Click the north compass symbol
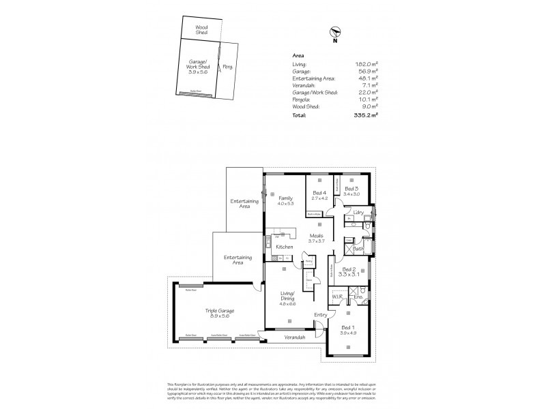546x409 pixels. coord(334,31)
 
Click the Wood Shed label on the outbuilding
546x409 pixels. coord(202,29)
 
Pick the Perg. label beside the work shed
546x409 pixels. coord(227,66)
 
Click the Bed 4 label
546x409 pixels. coord(319,193)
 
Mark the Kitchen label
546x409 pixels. coord(285,246)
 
